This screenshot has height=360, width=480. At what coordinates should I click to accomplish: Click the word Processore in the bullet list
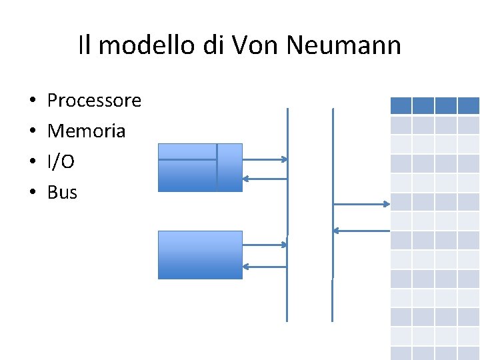coord(94,101)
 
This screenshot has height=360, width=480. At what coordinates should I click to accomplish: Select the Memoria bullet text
coord(86,131)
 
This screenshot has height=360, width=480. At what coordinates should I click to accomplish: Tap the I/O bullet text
coord(61,162)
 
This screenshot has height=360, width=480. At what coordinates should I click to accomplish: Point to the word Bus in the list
coord(62,193)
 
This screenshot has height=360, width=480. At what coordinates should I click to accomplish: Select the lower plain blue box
coord(200,255)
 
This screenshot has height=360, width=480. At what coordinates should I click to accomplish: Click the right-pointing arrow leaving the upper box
coord(265,159)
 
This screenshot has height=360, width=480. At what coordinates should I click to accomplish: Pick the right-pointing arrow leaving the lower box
coord(265,245)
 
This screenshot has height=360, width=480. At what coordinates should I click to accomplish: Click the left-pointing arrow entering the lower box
coord(265,267)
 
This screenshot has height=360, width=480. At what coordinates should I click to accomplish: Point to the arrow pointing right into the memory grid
coord(362,204)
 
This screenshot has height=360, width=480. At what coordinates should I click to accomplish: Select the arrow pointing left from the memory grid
coord(361,231)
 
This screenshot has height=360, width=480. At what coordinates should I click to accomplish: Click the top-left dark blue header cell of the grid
coord(400,105)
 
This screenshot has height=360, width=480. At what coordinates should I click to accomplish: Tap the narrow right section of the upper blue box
coord(230,167)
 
